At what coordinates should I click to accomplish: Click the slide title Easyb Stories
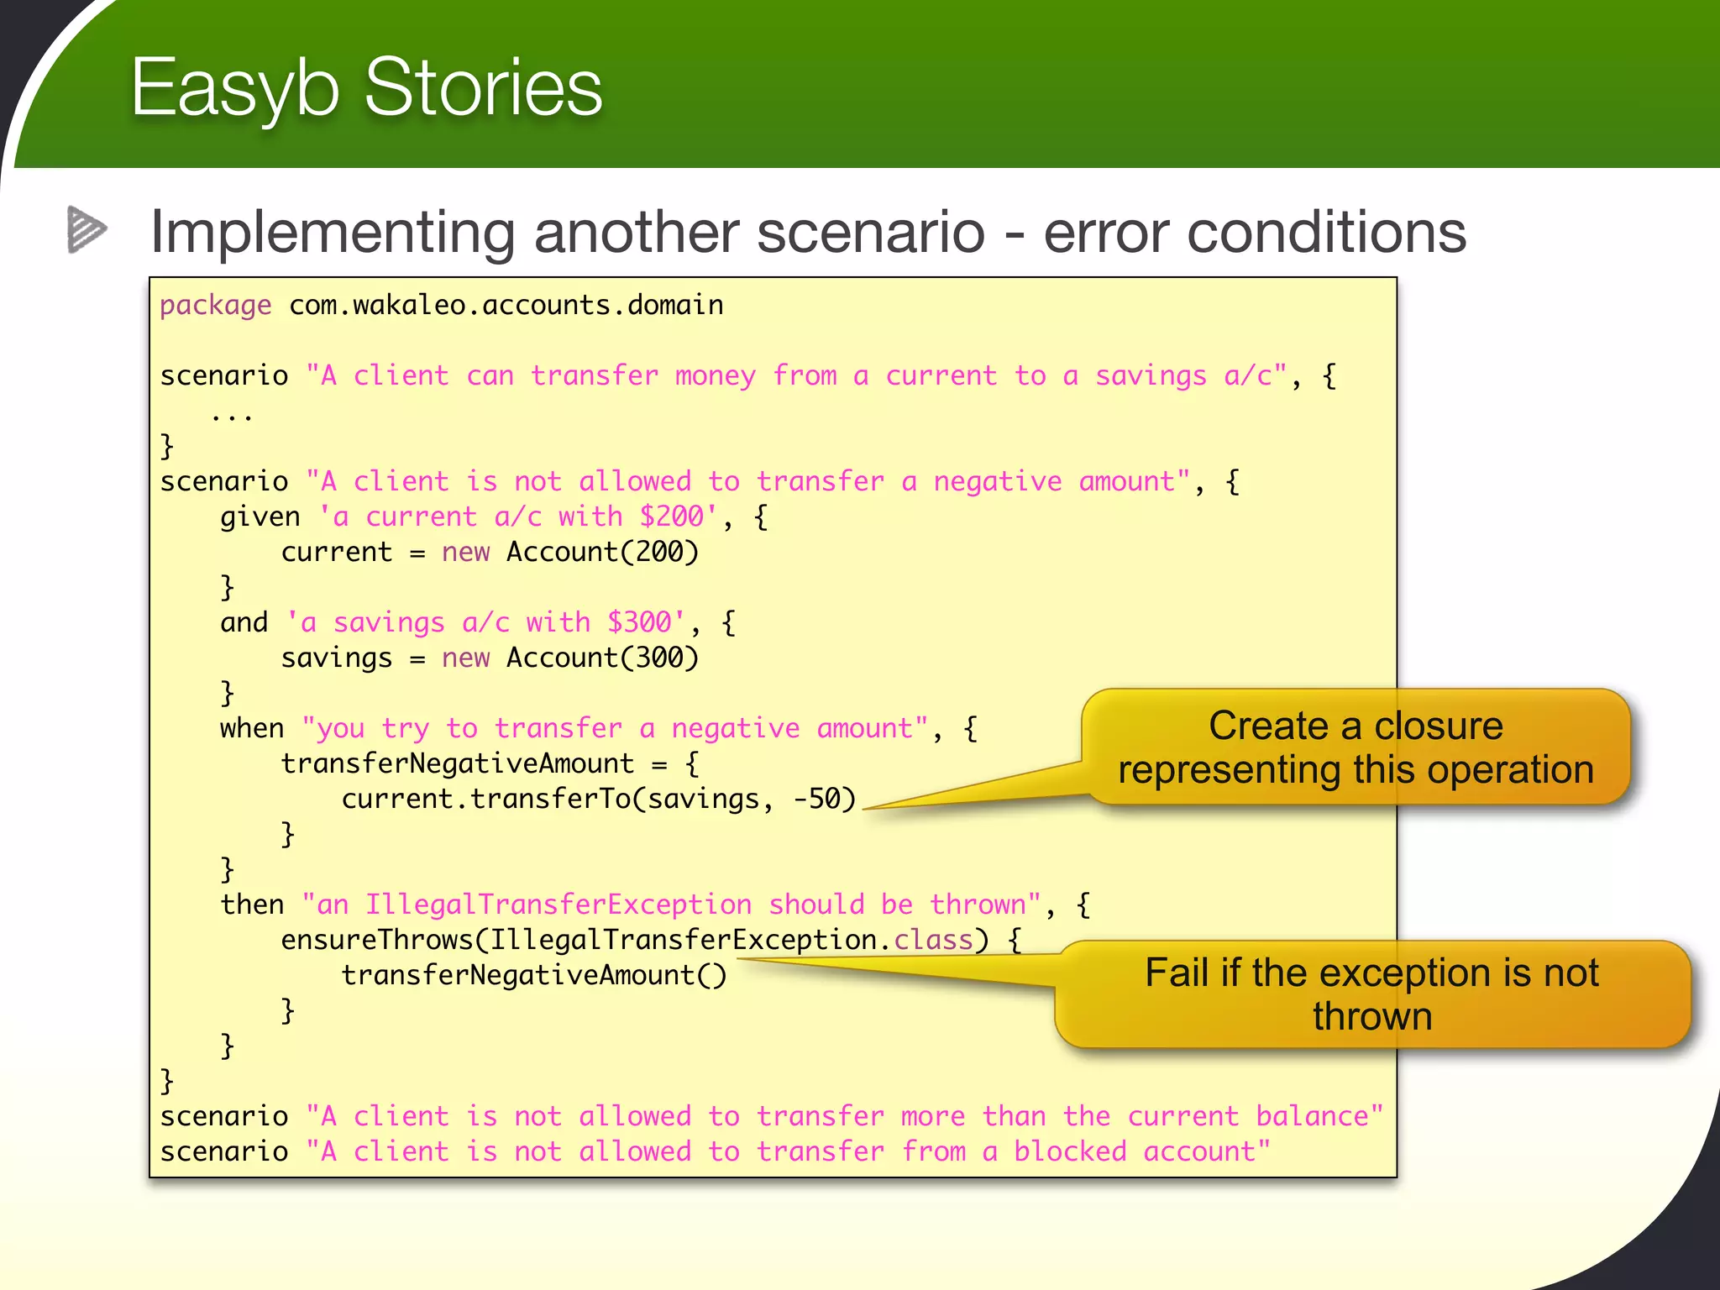coord(366,87)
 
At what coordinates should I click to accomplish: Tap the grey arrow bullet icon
coord(87,229)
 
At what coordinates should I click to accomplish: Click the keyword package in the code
coord(216,305)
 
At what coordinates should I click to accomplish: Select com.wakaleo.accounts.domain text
coord(506,305)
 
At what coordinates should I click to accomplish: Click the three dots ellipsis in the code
coord(232,415)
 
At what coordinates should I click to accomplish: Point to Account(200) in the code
coord(602,552)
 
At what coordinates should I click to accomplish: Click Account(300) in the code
coord(602,658)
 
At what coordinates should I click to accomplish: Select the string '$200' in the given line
coord(671,517)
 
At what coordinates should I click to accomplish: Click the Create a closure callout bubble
coord(1356,747)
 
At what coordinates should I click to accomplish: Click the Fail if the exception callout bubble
coord(1371,994)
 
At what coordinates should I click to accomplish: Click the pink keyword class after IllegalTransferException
coord(932,940)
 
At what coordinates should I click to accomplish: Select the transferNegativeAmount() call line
coord(533,975)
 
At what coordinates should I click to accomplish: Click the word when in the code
coord(252,728)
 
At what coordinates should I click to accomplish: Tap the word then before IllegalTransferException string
coord(252,905)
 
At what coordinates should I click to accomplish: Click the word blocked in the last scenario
coord(1069,1151)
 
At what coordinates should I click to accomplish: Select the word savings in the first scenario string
coord(1151,375)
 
